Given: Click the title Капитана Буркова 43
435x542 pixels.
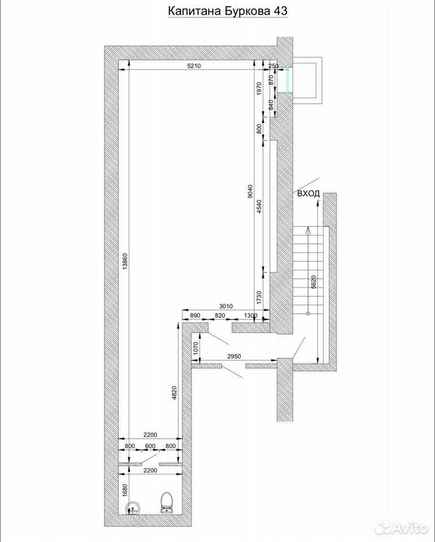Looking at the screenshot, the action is click(228, 11).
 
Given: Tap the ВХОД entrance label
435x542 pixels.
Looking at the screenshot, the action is click(308, 194).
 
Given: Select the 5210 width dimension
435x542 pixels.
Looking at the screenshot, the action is click(194, 66).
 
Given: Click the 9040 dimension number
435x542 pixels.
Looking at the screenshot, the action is click(251, 191).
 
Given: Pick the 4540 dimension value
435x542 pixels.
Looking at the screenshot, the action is click(259, 207).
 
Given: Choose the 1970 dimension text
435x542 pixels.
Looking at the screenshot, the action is click(259, 88).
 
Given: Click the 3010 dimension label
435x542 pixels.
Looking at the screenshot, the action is click(226, 306).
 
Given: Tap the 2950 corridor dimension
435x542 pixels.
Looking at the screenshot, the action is click(234, 356).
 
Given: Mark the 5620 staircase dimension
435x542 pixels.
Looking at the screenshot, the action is click(314, 281).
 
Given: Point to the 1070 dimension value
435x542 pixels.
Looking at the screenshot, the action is click(195, 349).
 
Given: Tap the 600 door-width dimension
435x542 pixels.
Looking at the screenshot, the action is click(150, 446).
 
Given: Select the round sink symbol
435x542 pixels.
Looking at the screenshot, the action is click(132, 508).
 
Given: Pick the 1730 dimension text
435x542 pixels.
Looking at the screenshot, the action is click(259, 298).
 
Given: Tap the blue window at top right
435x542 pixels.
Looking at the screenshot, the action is click(288, 81).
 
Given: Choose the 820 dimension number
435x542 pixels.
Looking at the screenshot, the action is click(220, 315).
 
